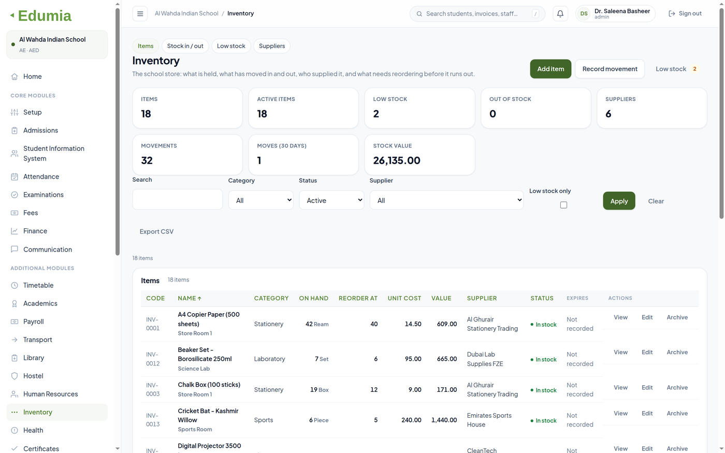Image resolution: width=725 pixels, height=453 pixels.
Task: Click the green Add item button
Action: [550, 69]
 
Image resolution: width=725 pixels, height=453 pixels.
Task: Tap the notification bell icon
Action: [560, 13]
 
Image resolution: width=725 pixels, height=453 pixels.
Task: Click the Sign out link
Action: [685, 13]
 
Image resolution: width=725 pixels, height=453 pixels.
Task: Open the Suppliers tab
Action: [271, 46]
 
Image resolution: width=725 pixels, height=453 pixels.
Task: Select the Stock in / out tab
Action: [185, 46]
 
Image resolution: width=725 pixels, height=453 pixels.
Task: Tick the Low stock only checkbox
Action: [563, 205]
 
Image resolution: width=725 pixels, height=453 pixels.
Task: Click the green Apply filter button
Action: [619, 201]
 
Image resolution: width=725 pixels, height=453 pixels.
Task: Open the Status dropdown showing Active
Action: [331, 200]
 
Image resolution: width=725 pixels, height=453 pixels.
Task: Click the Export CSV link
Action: [156, 231]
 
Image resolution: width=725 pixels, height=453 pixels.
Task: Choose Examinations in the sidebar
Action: [44, 195]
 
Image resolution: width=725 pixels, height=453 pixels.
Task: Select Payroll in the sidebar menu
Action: [33, 322]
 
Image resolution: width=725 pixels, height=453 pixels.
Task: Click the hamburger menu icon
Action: [140, 13]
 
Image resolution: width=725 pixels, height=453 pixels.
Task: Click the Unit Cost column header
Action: [404, 298]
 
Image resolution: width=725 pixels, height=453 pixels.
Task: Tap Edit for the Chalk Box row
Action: [647, 387]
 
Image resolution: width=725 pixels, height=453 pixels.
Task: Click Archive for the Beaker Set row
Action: [677, 352]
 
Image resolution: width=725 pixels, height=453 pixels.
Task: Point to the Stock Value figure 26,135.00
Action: [397, 160]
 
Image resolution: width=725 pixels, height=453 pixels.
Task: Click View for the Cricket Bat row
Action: [620, 413]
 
